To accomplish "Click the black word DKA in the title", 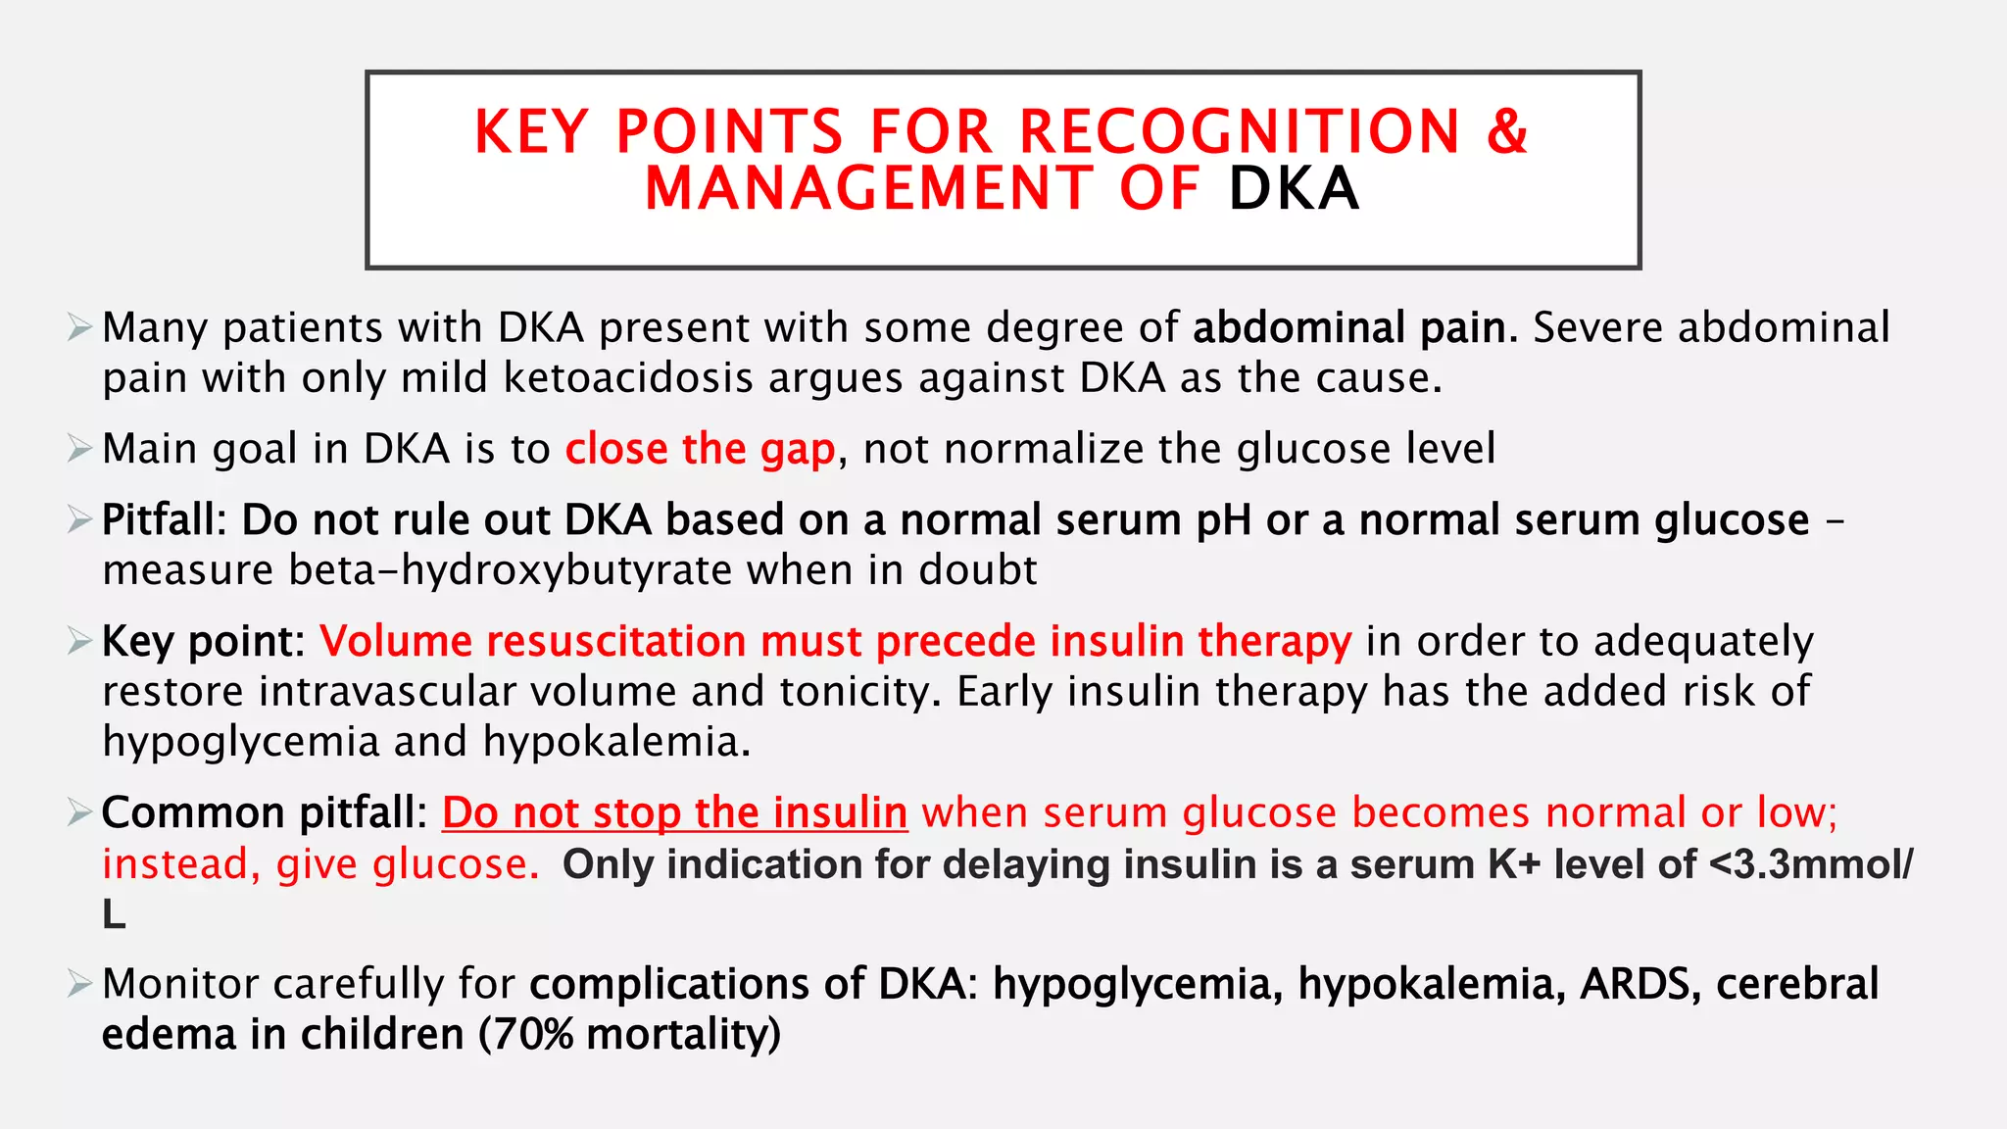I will pos(1294,189).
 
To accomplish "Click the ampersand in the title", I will pos(1507,132).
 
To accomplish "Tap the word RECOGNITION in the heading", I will pos(1240,132).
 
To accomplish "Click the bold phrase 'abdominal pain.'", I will pos(1355,327).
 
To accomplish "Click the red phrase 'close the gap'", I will pos(700,449).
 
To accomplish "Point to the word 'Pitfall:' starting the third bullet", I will pos(164,520).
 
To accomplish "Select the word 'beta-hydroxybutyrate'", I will pos(511,570).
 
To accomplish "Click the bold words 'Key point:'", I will pos(203,642).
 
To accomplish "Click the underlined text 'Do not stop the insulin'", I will pos(674,813).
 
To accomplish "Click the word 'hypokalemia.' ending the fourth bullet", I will pos(616,742).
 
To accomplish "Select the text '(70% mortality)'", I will pos(629,1035).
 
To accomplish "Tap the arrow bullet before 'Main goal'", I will pos(79,449).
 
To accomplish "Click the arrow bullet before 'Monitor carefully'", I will pos(79,984).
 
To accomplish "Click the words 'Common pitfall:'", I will pos(264,813).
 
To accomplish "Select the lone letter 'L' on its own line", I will pos(114,915).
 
